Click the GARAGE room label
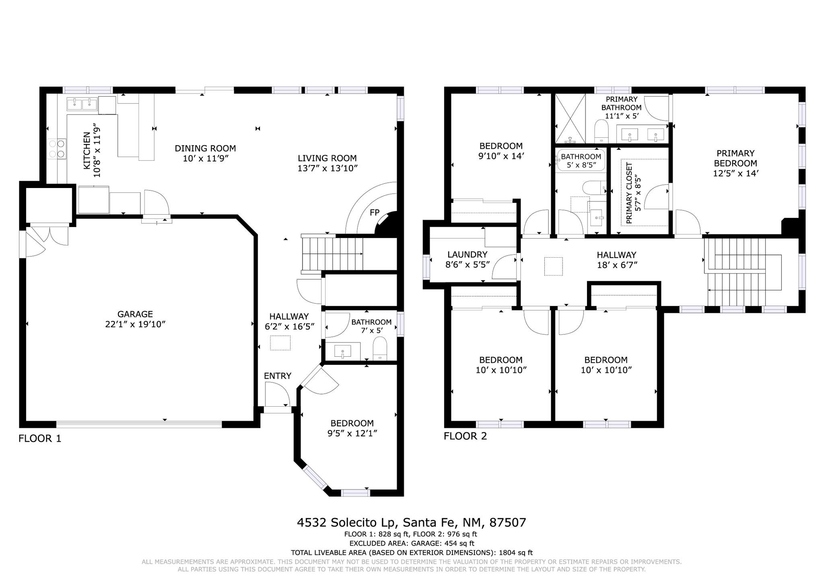(x=135, y=314)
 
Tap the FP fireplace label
(x=375, y=212)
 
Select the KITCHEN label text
(x=87, y=151)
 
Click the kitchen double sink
(x=82, y=104)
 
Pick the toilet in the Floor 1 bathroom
(x=380, y=349)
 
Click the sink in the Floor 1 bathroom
(x=342, y=351)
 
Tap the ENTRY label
(x=278, y=376)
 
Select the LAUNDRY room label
(x=467, y=254)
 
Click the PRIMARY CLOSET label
(x=629, y=193)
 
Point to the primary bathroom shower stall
(x=570, y=118)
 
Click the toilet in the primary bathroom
(x=602, y=130)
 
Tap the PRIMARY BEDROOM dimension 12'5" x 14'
(x=735, y=174)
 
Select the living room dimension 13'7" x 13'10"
(x=328, y=168)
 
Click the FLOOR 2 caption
(x=465, y=436)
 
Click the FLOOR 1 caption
(x=40, y=438)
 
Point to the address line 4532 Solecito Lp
(x=348, y=523)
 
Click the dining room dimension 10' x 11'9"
(x=205, y=159)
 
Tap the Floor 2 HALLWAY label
(x=616, y=255)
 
